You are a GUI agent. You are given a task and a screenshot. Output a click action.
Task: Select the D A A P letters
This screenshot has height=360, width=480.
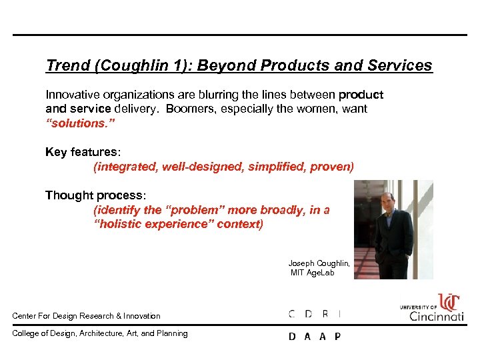314,337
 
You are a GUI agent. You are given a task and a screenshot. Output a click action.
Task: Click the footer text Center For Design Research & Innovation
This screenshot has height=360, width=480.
87,315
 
